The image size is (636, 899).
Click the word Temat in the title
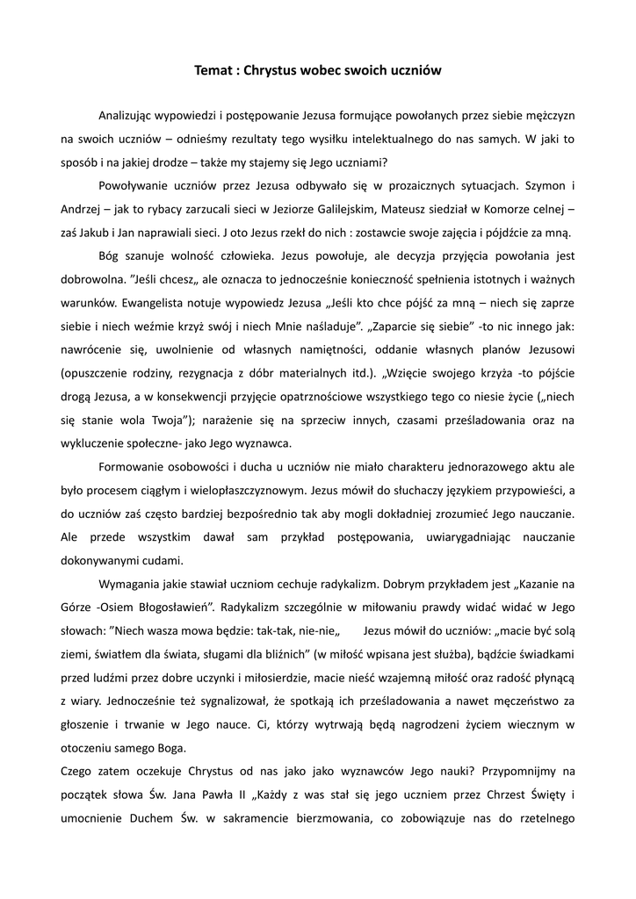coord(213,69)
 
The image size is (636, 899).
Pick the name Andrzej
coord(82,210)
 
